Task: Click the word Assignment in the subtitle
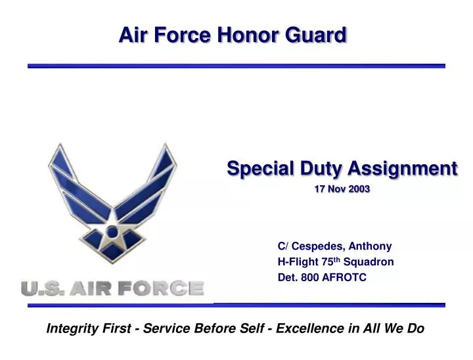pos(403,169)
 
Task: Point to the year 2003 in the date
pos(359,189)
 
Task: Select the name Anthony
pos(370,246)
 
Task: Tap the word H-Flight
pos(298,262)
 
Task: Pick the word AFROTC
pos(344,277)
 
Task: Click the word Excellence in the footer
pos(309,328)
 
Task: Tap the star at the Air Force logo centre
pos(112,231)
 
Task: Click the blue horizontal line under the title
pos(236,66)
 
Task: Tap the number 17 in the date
pos(320,189)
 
